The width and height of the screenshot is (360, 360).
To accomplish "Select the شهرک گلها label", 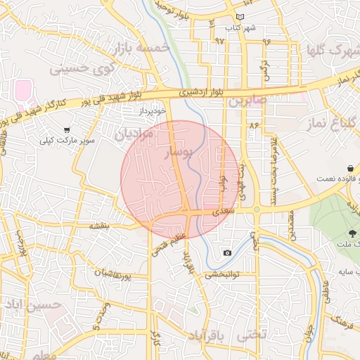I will pos(330,51).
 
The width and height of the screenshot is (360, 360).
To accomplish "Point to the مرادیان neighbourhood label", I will pos(134,133).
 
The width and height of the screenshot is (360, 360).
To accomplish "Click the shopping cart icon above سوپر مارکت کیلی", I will pos(67,129).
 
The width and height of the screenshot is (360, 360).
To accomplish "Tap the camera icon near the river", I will pos(227,252).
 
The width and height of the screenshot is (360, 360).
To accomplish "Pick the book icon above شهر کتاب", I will pos(240,16).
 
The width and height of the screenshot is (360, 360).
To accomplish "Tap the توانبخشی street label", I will pos(223,275).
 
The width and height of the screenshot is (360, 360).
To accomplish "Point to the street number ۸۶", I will pos(254,124).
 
